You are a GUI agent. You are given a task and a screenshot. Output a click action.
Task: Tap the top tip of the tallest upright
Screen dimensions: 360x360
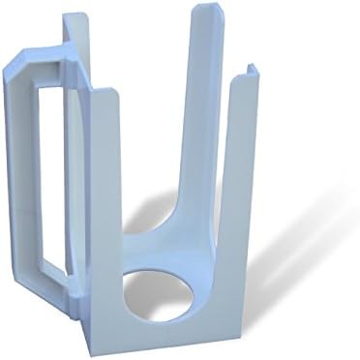pos(207,9)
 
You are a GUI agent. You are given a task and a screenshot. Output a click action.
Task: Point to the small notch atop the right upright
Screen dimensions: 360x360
pos(251,70)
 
